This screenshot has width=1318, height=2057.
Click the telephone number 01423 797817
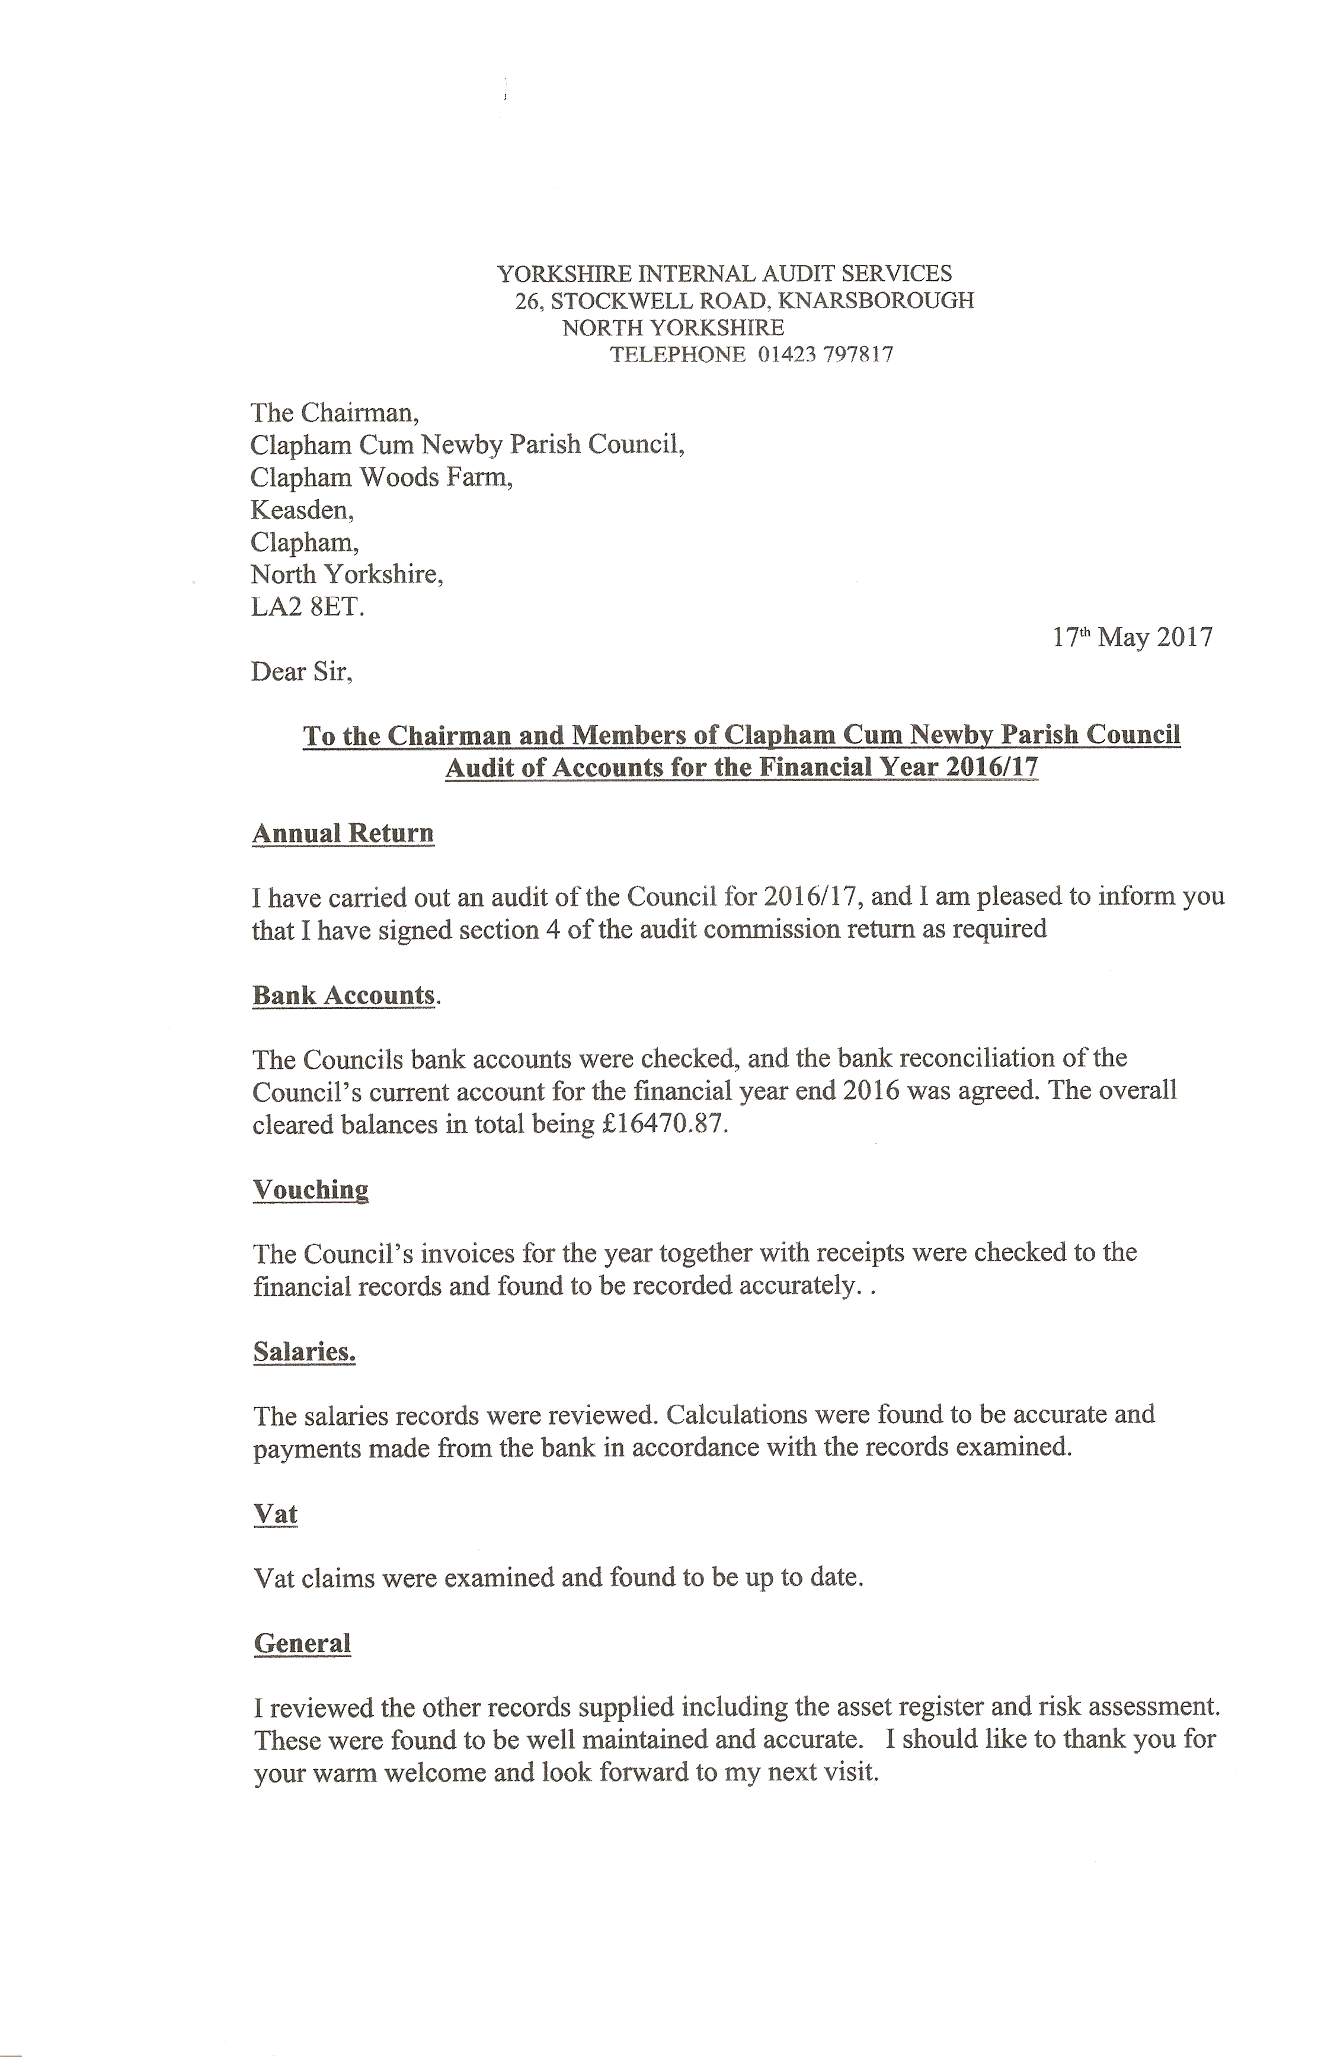(x=825, y=355)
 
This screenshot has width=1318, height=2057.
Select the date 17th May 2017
(x=1133, y=637)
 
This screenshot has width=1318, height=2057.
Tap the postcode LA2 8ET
(x=307, y=607)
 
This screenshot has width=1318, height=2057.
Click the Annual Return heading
(x=343, y=834)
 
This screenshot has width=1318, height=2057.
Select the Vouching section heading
(x=311, y=1190)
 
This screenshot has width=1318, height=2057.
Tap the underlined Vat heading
(x=276, y=1514)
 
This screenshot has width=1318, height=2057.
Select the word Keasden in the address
(x=301, y=510)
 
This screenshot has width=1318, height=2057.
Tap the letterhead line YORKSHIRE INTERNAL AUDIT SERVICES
(x=724, y=274)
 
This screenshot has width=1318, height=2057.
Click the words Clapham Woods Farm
(x=381, y=478)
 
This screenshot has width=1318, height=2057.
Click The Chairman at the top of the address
(x=334, y=414)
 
